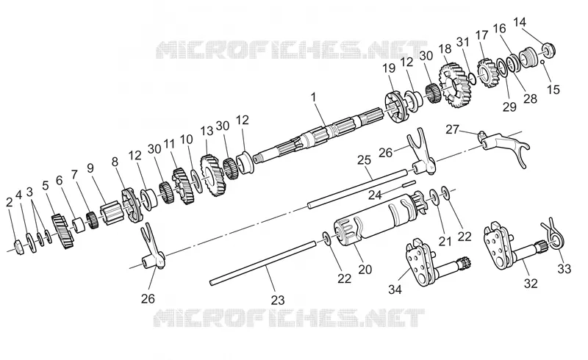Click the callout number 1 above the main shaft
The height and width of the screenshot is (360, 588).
(314, 97)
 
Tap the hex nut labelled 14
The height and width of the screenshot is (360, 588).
(548, 49)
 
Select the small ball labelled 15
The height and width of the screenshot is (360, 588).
(542, 62)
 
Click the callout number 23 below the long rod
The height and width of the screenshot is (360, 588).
(278, 300)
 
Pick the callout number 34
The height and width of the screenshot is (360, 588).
(395, 289)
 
